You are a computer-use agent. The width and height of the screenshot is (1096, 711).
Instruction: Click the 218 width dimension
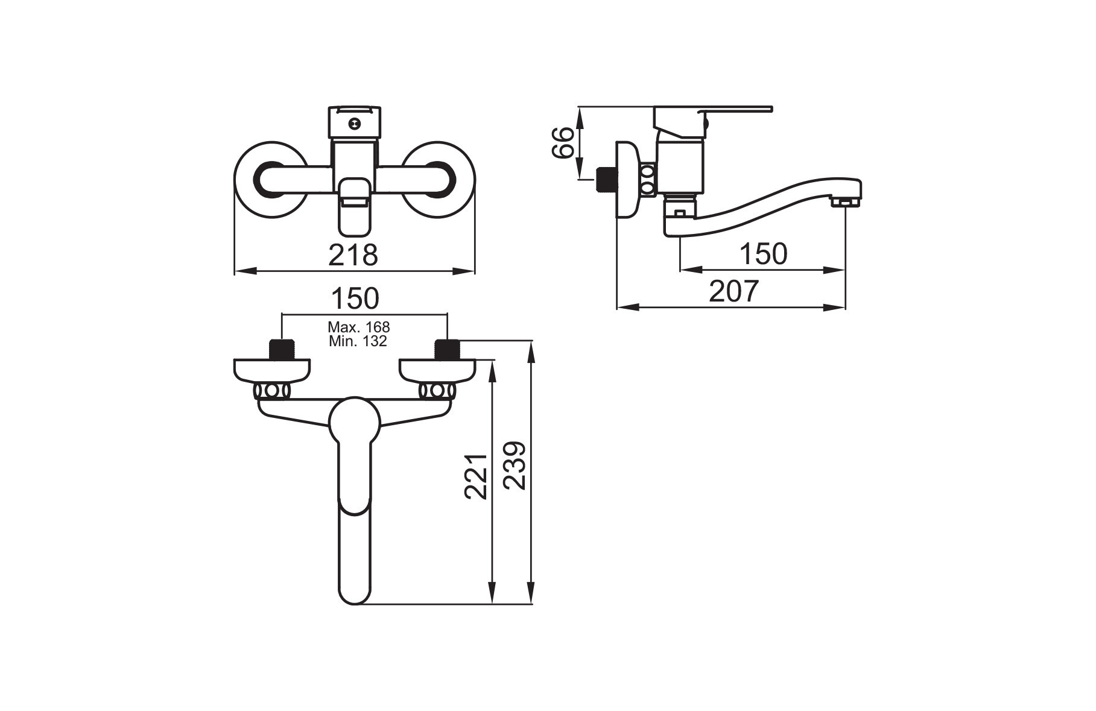(353, 255)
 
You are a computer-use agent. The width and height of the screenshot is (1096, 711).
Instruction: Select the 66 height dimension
(564, 142)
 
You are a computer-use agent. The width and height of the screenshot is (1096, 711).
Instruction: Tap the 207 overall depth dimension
(733, 292)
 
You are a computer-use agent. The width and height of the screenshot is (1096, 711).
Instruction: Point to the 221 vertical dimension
(476, 476)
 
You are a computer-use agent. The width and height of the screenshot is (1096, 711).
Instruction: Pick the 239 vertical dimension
(515, 466)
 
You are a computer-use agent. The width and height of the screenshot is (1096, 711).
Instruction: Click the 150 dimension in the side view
(763, 254)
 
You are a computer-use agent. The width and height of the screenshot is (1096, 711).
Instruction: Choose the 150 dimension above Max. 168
(355, 299)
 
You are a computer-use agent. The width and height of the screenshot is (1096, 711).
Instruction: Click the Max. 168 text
(359, 327)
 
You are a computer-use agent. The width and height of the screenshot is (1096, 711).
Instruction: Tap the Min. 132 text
(358, 341)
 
